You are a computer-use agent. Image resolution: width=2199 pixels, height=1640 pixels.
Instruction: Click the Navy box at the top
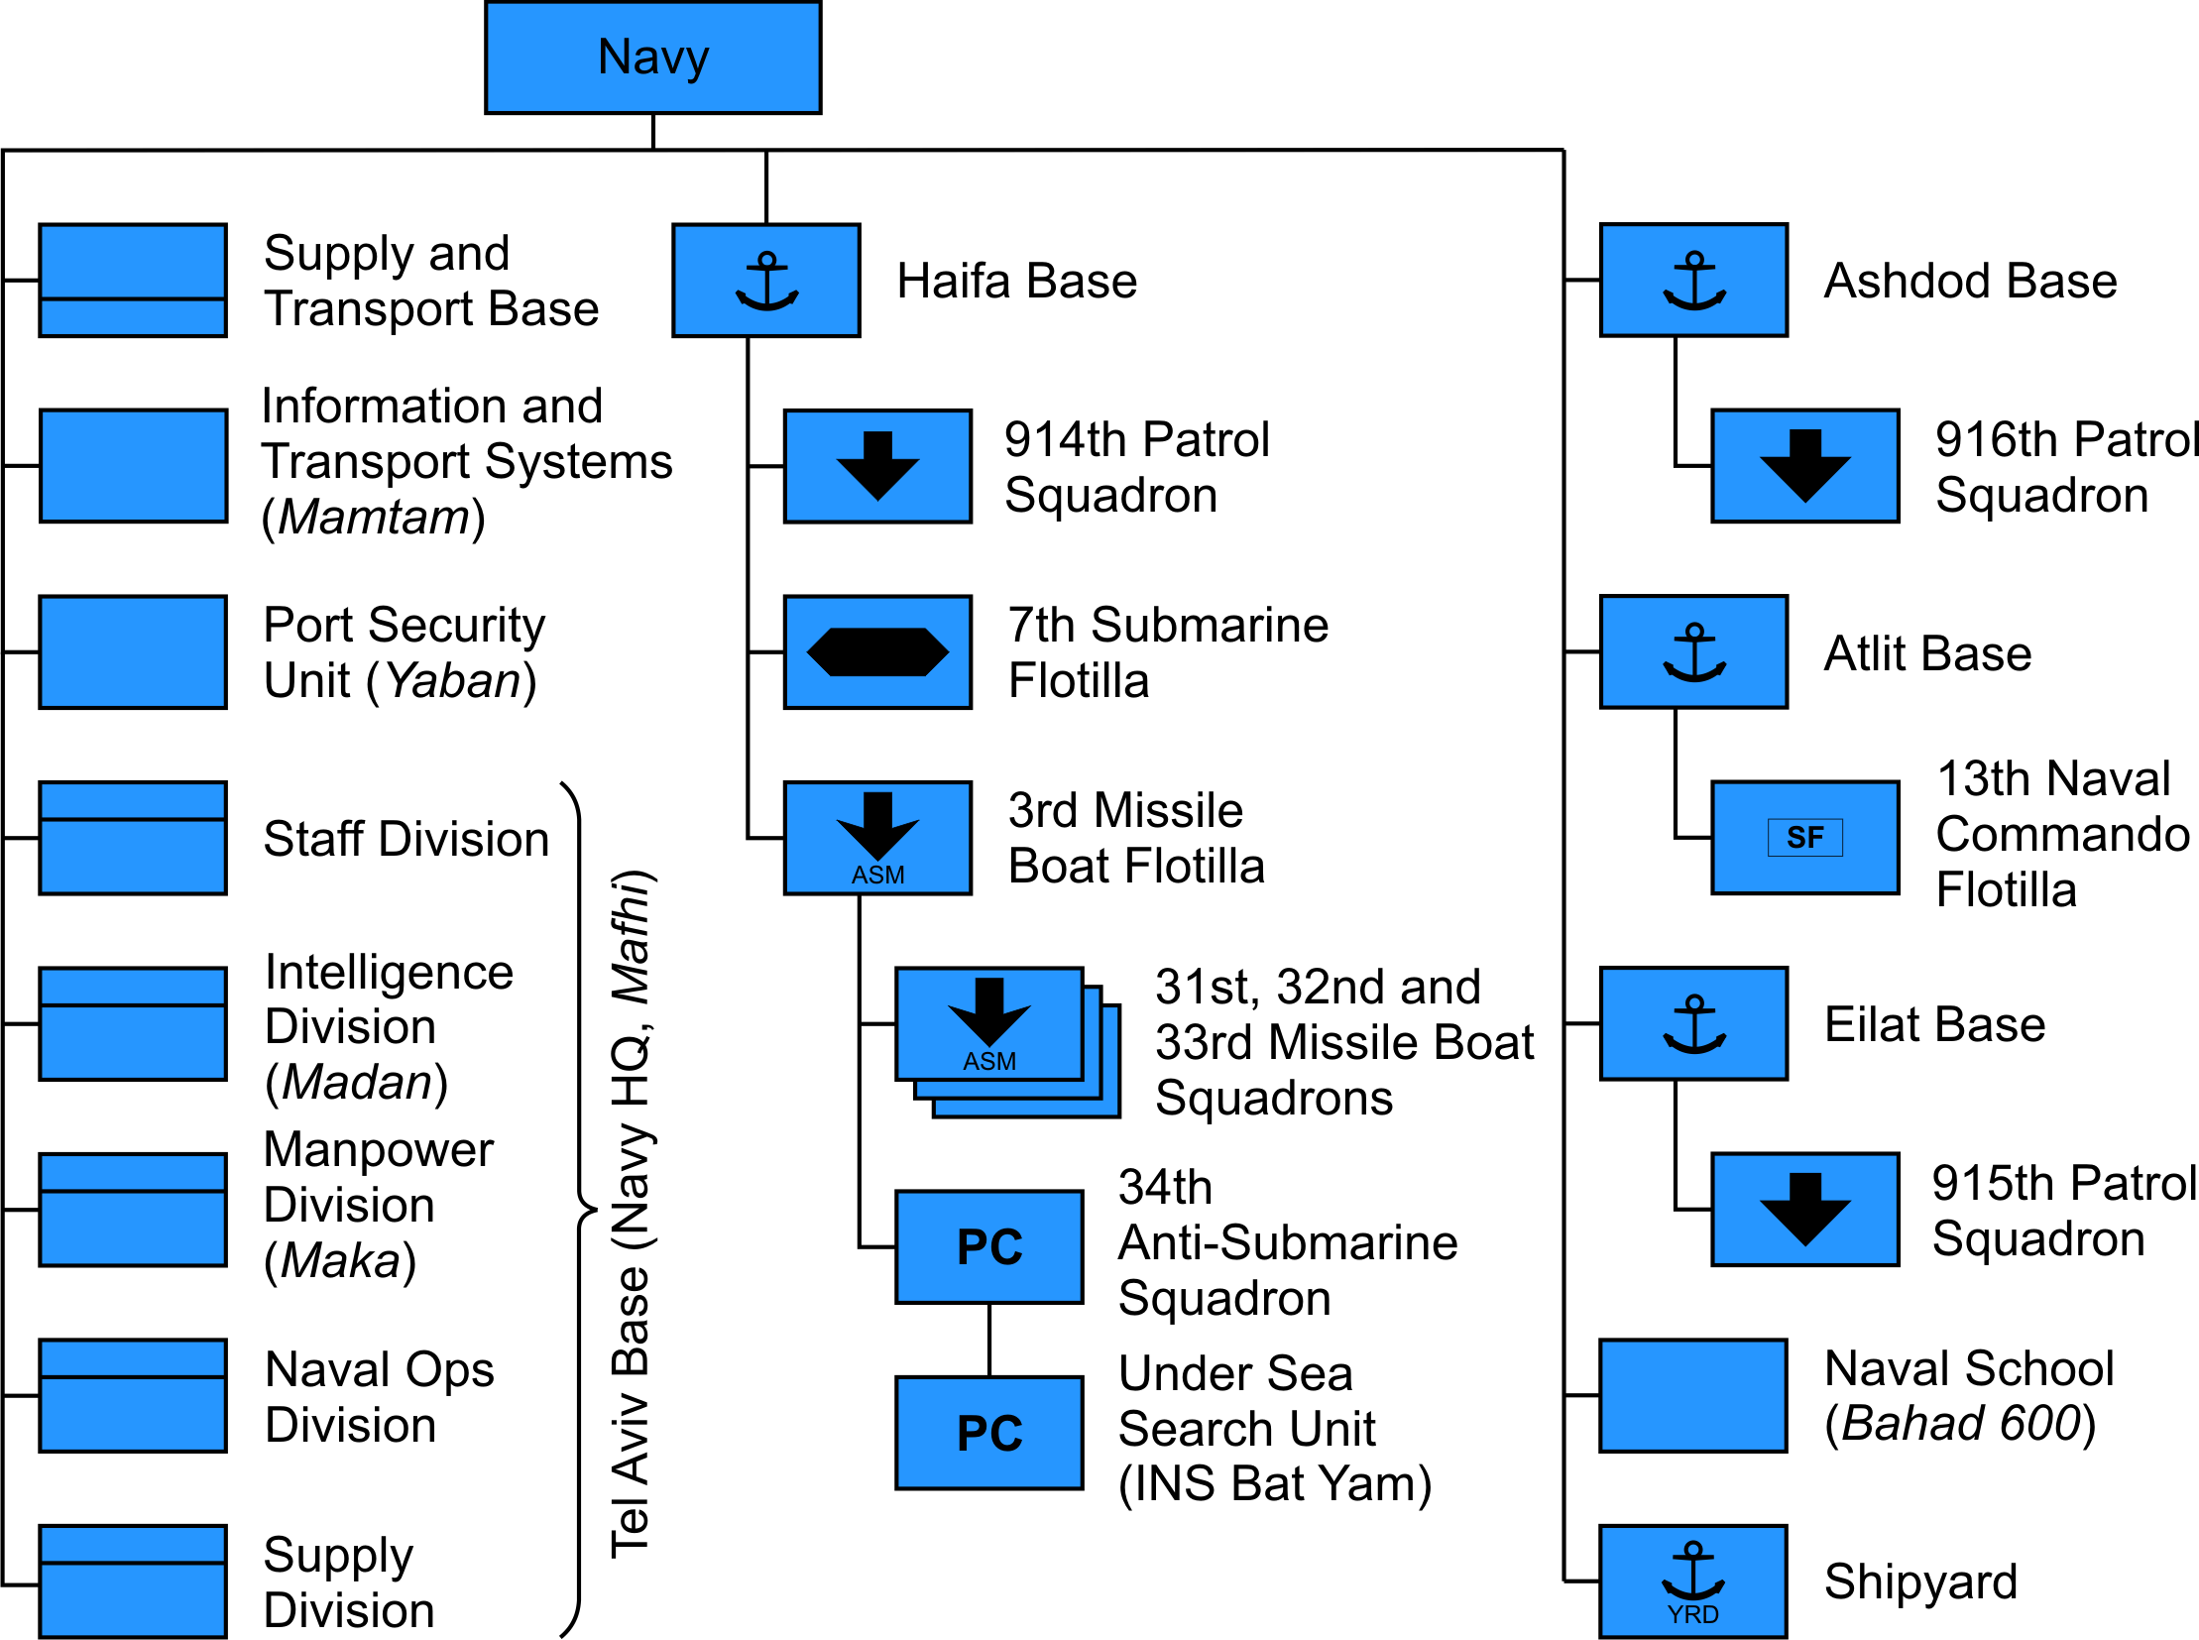(652, 58)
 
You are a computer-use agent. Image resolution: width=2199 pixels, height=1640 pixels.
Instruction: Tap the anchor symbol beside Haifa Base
(765, 281)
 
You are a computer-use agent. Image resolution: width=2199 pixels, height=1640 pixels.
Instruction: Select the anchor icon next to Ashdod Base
(1693, 281)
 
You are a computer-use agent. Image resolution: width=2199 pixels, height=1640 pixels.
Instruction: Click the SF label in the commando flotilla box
(1803, 838)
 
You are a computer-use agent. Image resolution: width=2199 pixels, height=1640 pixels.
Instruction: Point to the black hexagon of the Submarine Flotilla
(877, 652)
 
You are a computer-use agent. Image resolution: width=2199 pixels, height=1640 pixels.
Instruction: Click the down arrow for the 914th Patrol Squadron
(877, 465)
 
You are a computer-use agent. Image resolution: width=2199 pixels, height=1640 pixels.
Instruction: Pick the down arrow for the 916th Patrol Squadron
(1803, 465)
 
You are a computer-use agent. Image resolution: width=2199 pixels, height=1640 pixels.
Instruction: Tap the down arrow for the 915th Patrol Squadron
(1803, 1208)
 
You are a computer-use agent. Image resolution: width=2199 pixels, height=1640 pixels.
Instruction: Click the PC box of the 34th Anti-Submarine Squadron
(988, 1247)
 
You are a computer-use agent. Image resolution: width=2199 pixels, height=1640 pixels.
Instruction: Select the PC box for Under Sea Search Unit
(988, 1433)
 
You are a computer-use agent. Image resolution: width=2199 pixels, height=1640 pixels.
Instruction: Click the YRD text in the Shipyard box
(1692, 1614)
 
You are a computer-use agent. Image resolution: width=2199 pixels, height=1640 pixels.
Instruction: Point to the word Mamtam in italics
(374, 518)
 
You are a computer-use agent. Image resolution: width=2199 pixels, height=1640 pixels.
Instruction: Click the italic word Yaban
(453, 681)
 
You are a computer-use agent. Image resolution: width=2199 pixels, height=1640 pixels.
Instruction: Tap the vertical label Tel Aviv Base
(630, 1410)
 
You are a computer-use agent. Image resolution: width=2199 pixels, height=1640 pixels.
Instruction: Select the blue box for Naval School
(1692, 1395)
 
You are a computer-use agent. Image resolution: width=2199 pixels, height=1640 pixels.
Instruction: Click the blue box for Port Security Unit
(133, 652)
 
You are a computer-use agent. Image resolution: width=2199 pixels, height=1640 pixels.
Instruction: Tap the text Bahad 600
(1960, 1423)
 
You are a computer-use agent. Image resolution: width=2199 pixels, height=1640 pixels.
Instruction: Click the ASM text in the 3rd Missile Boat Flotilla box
(877, 875)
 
